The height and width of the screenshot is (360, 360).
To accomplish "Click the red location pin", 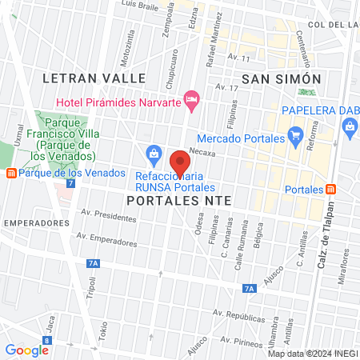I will coord(180,162).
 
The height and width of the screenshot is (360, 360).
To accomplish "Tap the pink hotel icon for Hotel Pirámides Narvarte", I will coord(191,100).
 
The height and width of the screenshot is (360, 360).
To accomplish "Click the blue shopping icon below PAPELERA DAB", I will coord(349,126).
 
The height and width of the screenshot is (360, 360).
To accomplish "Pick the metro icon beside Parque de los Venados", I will coord(10,173).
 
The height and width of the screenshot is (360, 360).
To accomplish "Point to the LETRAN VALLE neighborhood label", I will coord(94,78).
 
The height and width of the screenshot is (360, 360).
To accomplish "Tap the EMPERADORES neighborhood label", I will coord(32,222).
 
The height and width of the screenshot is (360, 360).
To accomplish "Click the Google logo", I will coord(26,350).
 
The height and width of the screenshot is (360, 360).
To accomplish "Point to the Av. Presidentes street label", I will coord(109,216).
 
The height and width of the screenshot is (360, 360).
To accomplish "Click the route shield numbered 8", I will coord(47,340).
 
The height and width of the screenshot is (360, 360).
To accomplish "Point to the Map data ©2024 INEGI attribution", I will coord(312,354).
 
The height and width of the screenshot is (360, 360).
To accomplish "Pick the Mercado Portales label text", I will coord(241,138).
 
